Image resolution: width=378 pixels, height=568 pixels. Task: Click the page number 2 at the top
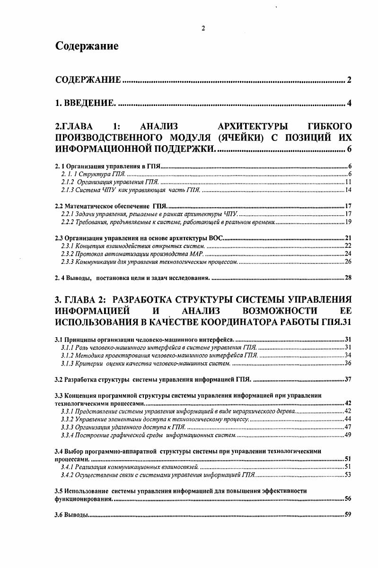click(x=203, y=28)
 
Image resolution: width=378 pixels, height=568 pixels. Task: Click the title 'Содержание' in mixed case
click(x=87, y=46)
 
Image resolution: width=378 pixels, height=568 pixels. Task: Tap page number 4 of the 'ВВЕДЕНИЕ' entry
click(x=349, y=103)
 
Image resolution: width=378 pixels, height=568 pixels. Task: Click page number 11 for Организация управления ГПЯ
click(x=347, y=182)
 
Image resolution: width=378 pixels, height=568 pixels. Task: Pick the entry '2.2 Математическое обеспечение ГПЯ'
click(x=111, y=206)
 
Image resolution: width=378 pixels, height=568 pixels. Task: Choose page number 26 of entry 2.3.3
click(x=347, y=262)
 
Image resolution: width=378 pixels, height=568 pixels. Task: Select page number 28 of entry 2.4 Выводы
click(x=348, y=277)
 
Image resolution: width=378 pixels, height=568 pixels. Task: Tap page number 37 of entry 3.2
click(x=347, y=379)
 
